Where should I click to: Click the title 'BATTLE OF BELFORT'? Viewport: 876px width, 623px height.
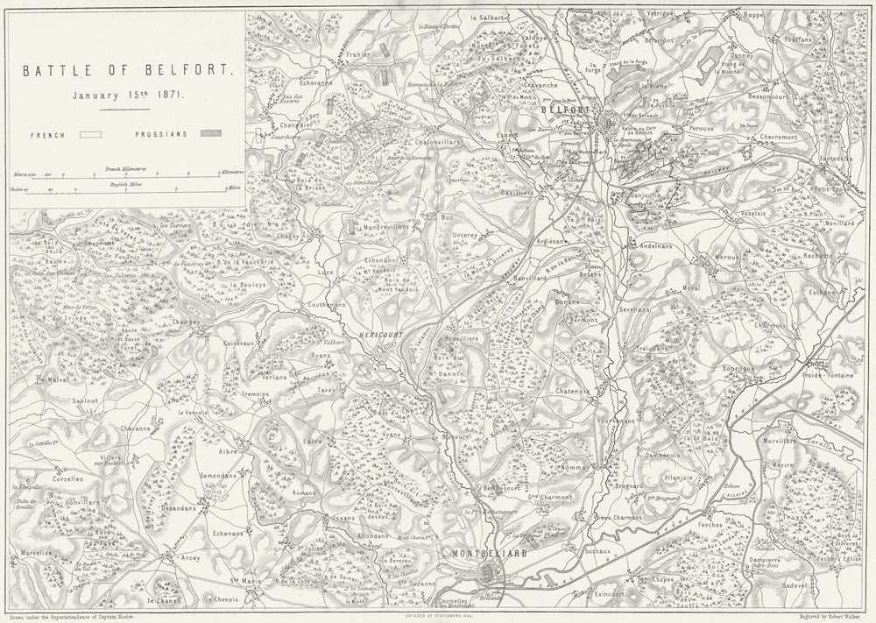(x=126, y=67)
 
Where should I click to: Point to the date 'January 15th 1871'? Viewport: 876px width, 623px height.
(x=127, y=95)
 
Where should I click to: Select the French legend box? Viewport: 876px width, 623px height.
(x=91, y=136)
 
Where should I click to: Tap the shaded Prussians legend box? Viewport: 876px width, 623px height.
(x=210, y=136)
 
